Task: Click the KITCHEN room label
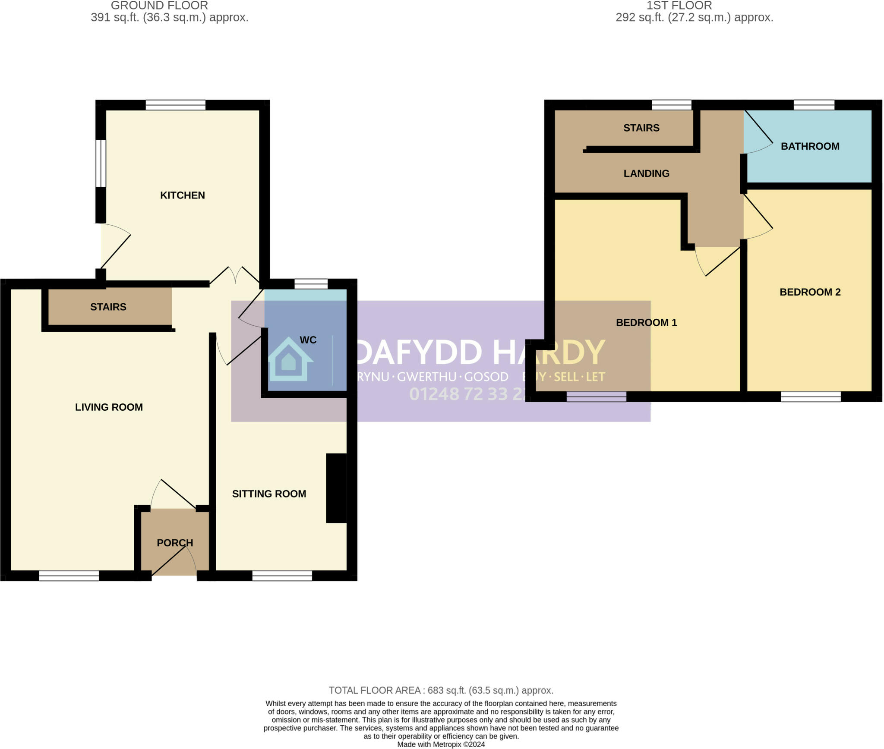[182, 195]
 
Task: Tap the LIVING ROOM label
[109, 407]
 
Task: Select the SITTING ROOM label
[269, 494]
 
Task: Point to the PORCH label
[175, 543]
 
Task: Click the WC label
[308, 340]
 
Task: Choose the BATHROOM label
[810, 146]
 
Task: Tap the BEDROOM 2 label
[810, 292]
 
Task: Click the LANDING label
[646, 173]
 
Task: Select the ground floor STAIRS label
[108, 307]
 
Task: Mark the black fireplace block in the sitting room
[336, 488]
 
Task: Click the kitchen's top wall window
[175, 105]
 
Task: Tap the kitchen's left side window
[101, 163]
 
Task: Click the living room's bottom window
[69, 576]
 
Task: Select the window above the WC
[311, 284]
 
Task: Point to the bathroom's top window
[814, 105]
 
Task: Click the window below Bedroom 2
[811, 397]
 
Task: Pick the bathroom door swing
[758, 134]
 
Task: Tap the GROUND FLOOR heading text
[159, 6]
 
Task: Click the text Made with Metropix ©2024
[441, 744]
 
